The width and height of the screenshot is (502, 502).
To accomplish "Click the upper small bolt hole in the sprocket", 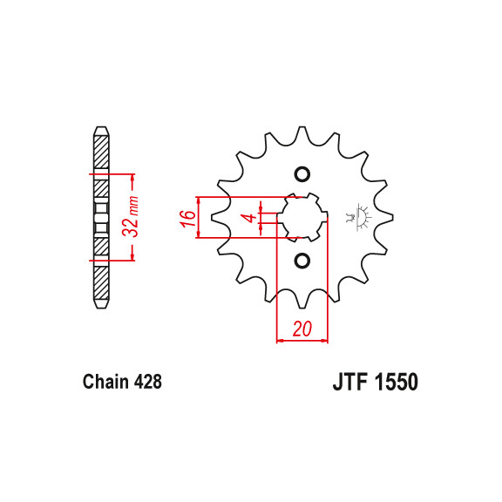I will (x=302, y=173).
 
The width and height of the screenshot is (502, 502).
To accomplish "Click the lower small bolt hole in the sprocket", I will (x=302, y=260).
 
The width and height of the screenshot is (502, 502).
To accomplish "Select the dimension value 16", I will (x=187, y=218).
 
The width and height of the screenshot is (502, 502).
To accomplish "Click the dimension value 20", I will (x=302, y=329).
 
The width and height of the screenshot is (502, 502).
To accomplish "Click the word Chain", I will (x=106, y=382).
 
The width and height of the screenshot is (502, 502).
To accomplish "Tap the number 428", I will (x=147, y=382).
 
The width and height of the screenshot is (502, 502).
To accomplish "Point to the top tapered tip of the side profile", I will (x=100, y=132).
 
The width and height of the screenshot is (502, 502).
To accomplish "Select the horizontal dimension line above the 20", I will (x=302, y=340).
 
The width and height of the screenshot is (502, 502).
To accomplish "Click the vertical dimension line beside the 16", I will (x=200, y=217).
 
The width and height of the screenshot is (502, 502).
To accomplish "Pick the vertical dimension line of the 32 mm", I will (x=132, y=217).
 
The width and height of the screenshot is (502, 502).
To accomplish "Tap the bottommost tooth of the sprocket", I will (x=302, y=302).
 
